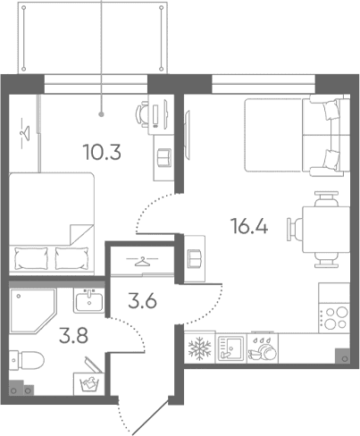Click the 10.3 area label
click(x=103, y=152)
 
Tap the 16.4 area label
click(x=249, y=226)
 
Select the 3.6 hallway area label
click(x=142, y=301)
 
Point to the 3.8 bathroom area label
click(x=73, y=336)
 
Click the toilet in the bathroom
click(x=27, y=360)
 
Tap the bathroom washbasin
click(x=89, y=301)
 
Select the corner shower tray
click(x=33, y=311)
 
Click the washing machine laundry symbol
click(x=89, y=384)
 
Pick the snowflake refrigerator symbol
click(x=200, y=348)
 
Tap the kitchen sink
click(x=230, y=348)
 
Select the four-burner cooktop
click(x=334, y=318)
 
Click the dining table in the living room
click(x=326, y=230)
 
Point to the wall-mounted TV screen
click(x=187, y=134)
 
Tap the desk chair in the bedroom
click(x=142, y=113)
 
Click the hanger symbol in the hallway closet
click(x=142, y=262)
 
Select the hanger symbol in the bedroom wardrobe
click(x=25, y=133)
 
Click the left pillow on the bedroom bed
click(x=31, y=258)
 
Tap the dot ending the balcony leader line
click(x=102, y=113)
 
